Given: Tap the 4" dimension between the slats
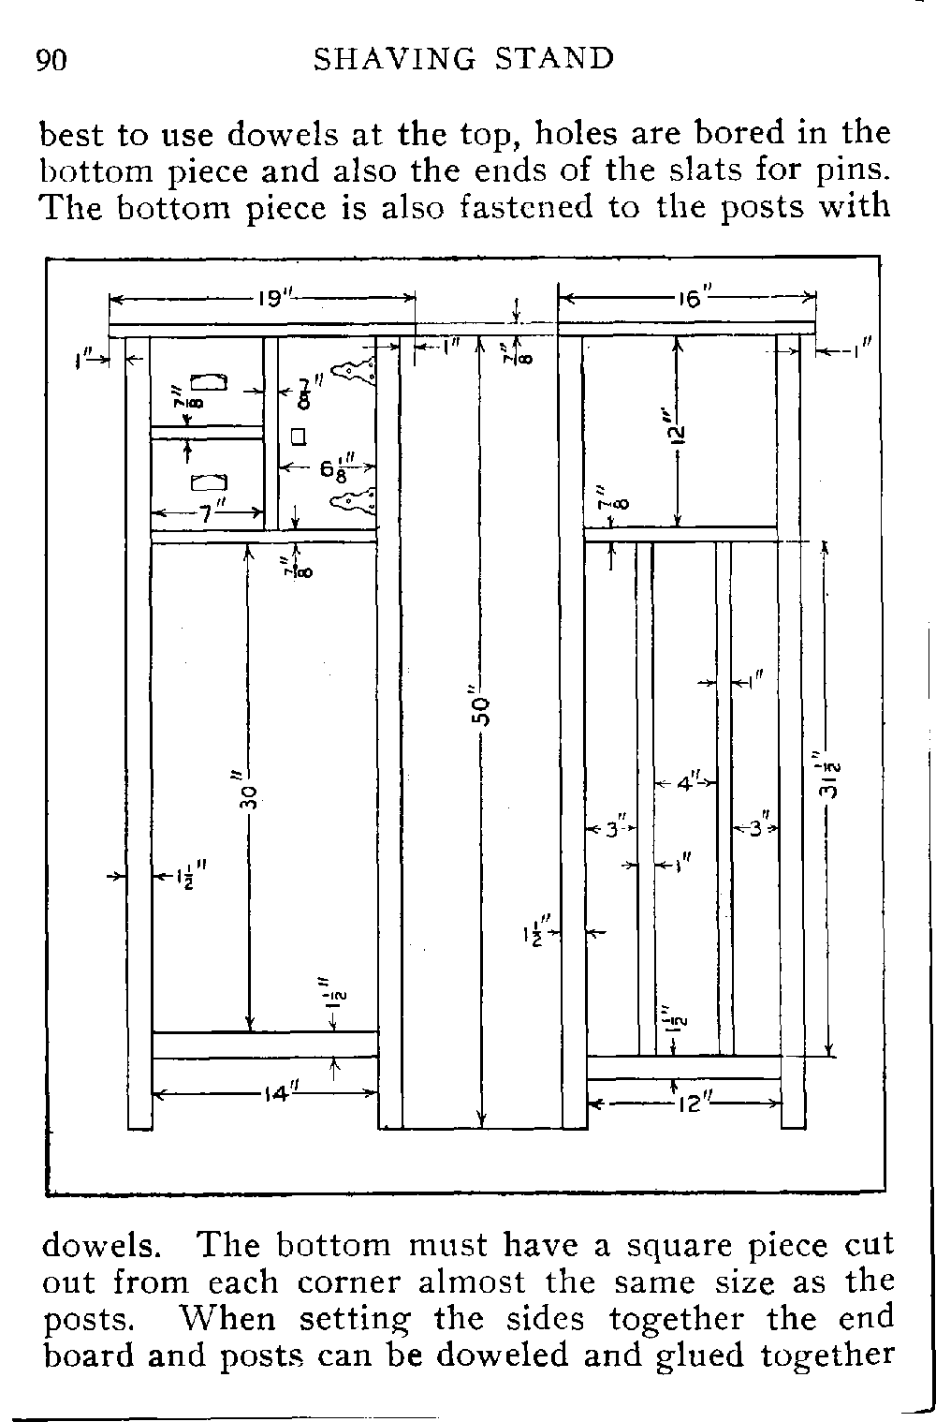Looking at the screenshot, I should point(687,782).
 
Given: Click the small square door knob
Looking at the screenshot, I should point(299,436).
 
